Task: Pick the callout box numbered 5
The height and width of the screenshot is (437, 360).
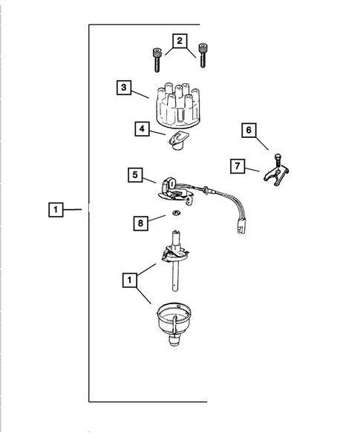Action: tap(135, 176)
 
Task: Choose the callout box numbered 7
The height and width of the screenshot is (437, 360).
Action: tap(236, 166)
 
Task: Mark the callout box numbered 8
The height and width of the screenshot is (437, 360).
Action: tap(139, 222)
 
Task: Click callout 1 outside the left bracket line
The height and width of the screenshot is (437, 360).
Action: tap(56, 210)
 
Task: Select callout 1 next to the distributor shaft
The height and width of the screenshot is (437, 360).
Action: tap(130, 280)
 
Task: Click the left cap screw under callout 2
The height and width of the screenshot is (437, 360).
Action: tap(157, 60)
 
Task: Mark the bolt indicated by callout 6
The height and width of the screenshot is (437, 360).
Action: tap(277, 159)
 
